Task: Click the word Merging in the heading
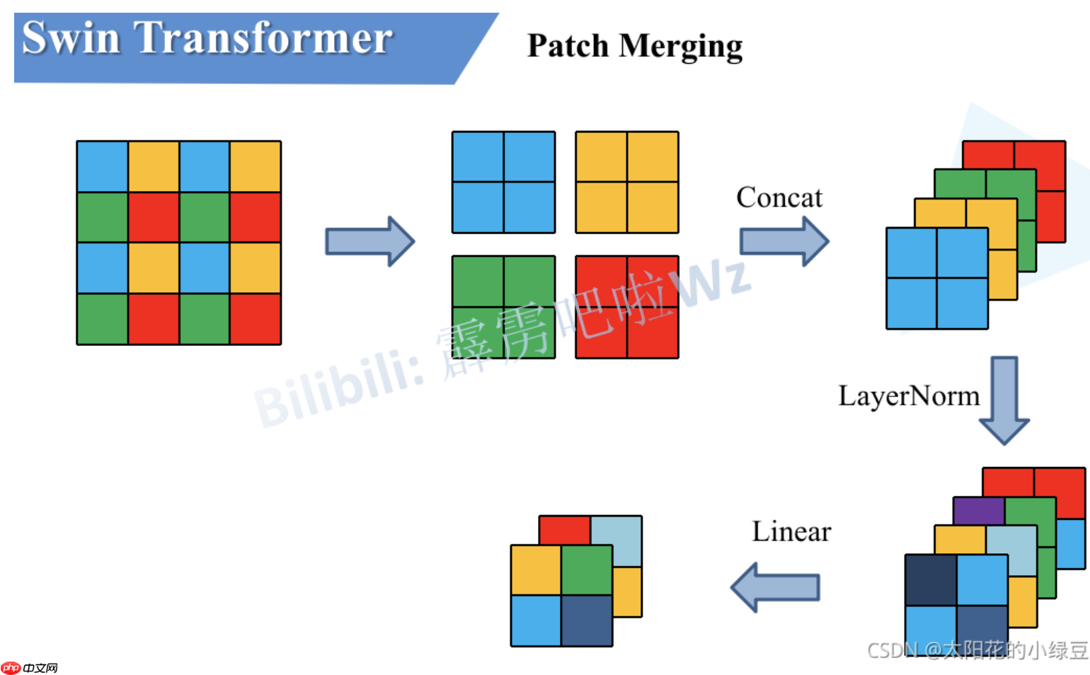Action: click(x=680, y=47)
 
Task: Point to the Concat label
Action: click(x=779, y=197)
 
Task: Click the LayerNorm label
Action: click(x=909, y=396)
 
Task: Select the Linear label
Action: click(x=791, y=531)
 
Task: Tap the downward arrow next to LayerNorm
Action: click(x=1004, y=400)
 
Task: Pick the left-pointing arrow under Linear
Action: click(x=775, y=587)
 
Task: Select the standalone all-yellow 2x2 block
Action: click(x=626, y=183)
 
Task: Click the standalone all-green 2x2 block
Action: click(x=503, y=307)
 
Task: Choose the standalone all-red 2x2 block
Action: click(x=626, y=307)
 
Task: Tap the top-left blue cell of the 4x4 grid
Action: click(x=103, y=167)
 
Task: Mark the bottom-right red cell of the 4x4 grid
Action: click(x=255, y=319)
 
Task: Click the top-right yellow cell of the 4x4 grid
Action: click(x=255, y=167)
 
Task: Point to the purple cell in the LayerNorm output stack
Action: click(x=979, y=509)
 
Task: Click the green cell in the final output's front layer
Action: click(x=587, y=570)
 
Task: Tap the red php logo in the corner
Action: click(x=11, y=667)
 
